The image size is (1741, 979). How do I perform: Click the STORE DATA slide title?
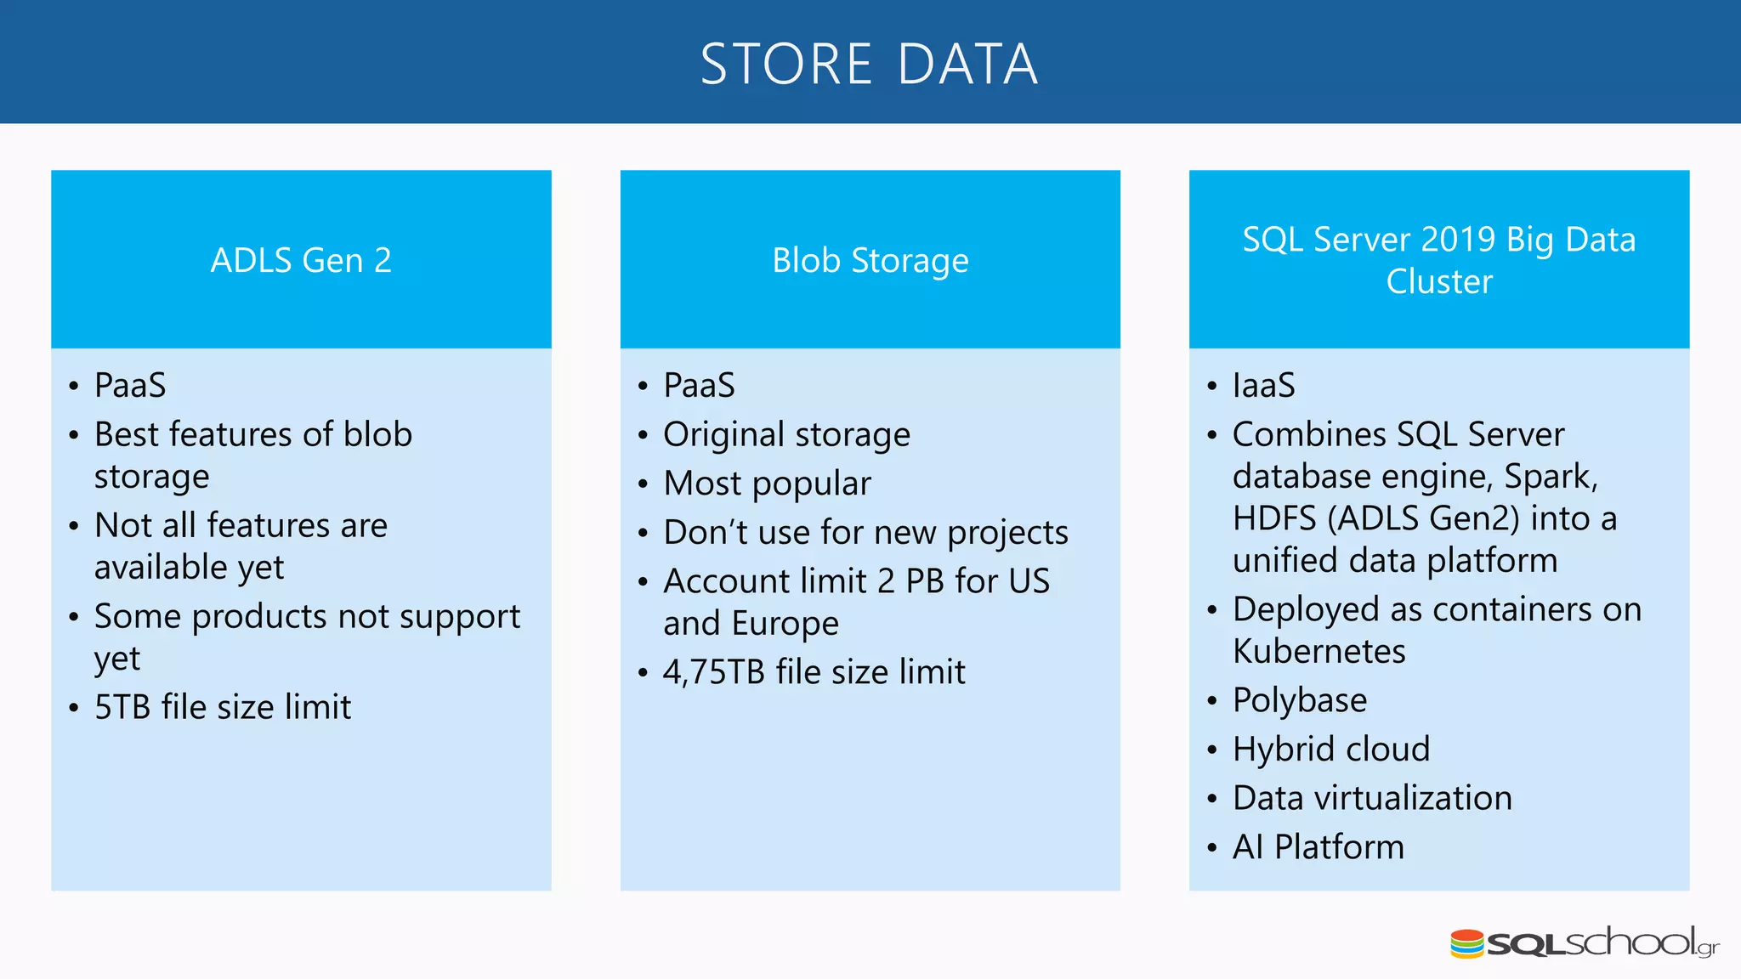869,65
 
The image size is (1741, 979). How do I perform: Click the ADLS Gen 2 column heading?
301,260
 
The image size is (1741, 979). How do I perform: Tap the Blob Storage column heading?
870,260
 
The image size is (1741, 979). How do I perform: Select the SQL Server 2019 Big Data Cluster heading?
1438,260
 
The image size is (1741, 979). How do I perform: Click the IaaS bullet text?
1263,385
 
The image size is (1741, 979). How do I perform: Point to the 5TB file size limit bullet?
222,707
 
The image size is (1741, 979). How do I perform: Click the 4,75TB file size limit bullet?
814,672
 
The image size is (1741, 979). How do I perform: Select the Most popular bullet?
767,484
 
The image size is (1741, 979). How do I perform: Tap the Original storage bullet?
786,434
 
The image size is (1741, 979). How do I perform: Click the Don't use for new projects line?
865,533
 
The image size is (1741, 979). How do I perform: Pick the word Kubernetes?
1319,652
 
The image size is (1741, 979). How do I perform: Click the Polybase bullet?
1299,700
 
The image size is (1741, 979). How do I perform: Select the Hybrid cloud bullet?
1330,750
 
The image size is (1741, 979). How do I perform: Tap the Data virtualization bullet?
1371,798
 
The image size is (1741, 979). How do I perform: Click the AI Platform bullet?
1318,847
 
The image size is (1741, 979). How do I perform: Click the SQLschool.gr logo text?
1602,943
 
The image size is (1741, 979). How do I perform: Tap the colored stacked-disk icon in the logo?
1467,943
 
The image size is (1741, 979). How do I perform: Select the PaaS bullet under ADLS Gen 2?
130,385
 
